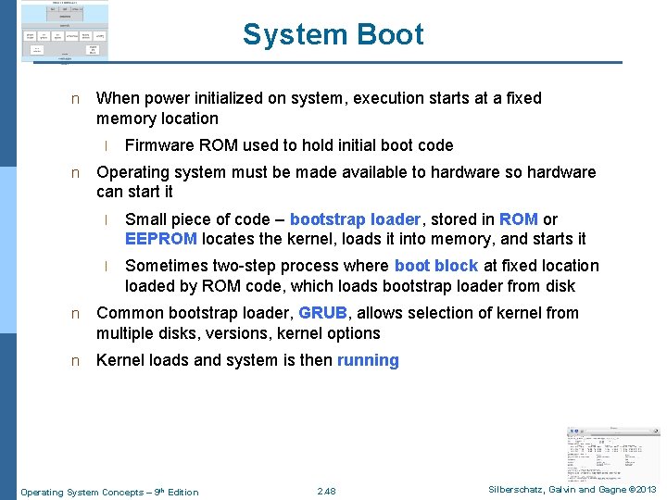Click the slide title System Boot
point(333,35)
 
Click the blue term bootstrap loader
point(355,219)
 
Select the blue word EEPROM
point(160,239)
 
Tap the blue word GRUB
point(322,313)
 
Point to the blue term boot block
point(436,266)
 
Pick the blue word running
point(368,360)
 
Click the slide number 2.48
point(326,491)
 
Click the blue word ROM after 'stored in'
point(518,219)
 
